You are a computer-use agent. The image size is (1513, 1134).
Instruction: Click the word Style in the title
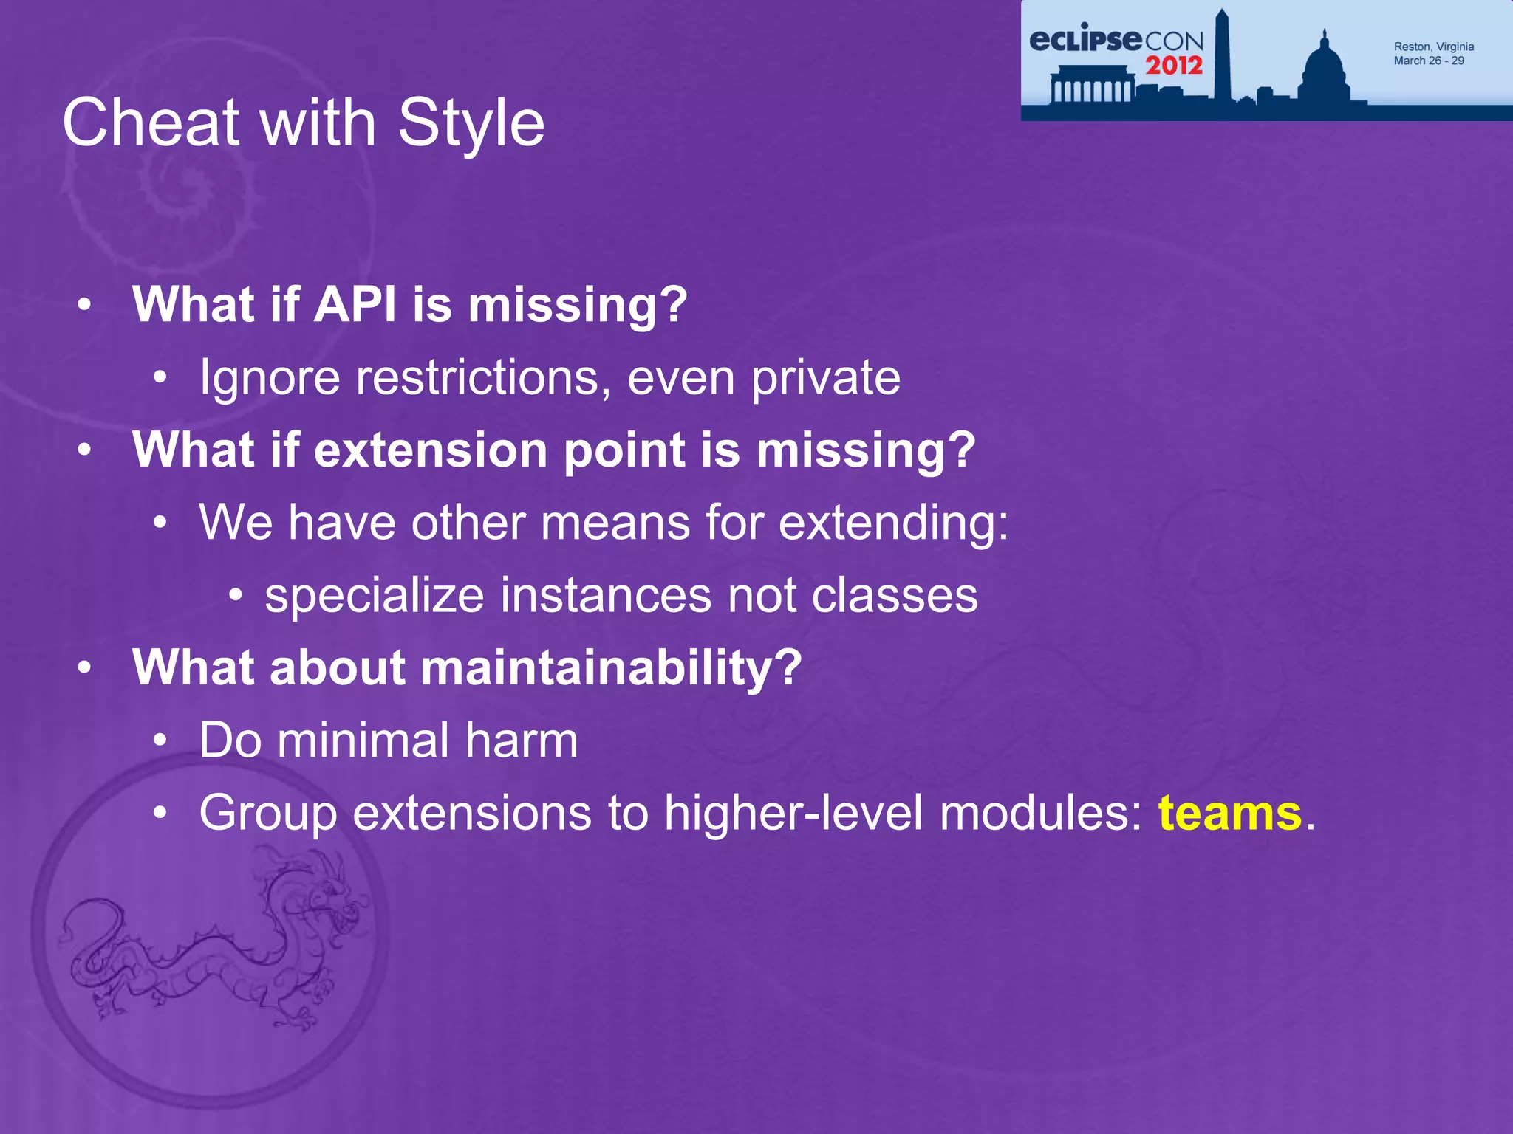point(471,124)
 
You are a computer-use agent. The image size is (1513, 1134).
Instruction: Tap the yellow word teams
point(1229,813)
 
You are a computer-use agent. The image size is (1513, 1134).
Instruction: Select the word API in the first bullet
point(355,304)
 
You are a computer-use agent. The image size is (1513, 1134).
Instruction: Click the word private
point(826,378)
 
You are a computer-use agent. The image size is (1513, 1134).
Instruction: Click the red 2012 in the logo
point(1174,66)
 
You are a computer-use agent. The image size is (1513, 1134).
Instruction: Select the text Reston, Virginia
point(1433,47)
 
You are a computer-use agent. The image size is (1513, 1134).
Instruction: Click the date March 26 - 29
point(1428,61)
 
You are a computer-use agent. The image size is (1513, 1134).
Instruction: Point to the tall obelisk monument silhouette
point(1222,55)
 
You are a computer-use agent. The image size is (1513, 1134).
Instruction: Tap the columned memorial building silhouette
point(1092,86)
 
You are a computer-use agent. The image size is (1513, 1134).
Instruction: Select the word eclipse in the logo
point(1085,40)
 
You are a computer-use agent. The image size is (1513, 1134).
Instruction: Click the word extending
point(893,523)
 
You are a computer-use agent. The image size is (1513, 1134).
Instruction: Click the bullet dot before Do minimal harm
point(160,740)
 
